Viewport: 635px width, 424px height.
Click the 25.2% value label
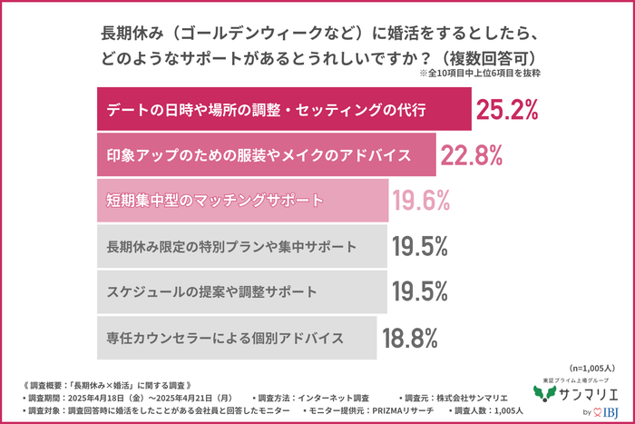pos(507,110)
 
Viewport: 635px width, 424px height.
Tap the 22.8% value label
pos(472,156)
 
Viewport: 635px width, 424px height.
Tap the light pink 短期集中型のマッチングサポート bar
pos(241,201)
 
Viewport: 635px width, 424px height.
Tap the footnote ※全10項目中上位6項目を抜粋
pos(480,75)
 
